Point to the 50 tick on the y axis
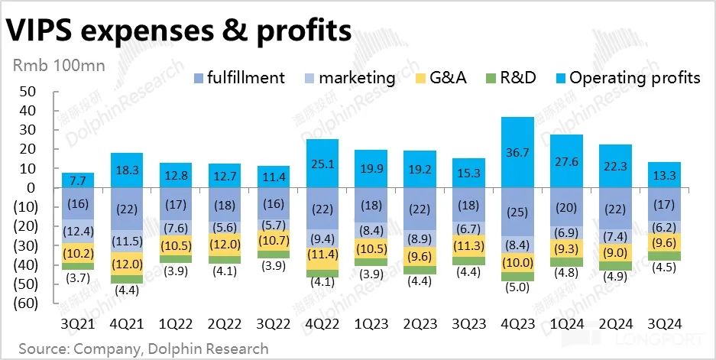pyautogui.click(x=28, y=92)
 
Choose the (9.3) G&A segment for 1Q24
pyautogui.click(x=567, y=248)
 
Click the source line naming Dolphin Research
pyautogui.click(x=144, y=349)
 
